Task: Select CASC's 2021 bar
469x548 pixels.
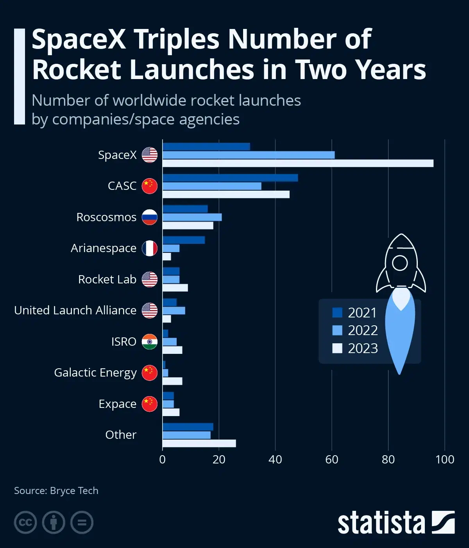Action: click(230, 178)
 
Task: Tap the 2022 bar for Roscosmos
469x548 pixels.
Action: click(192, 217)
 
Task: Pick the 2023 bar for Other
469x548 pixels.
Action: click(199, 443)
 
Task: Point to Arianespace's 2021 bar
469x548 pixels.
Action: click(184, 240)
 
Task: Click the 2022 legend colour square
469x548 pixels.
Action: click(337, 330)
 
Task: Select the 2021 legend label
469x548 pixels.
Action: click(362, 313)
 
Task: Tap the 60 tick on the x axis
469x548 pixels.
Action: click(332, 459)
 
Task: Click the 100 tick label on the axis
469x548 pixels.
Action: click(445, 459)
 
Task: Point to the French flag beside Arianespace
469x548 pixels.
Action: click(149, 248)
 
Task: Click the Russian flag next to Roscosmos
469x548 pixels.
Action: click(149, 217)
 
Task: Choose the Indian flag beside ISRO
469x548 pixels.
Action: click(149, 342)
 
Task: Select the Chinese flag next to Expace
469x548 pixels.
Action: click(149, 404)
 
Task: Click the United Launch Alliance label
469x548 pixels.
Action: click(75, 310)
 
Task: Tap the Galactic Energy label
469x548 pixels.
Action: click(95, 373)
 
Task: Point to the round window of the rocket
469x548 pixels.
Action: click(400, 263)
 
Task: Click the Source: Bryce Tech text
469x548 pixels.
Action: click(56, 491)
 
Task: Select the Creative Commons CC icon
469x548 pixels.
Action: click(25, 523)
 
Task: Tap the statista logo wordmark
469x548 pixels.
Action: click(381, 523)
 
